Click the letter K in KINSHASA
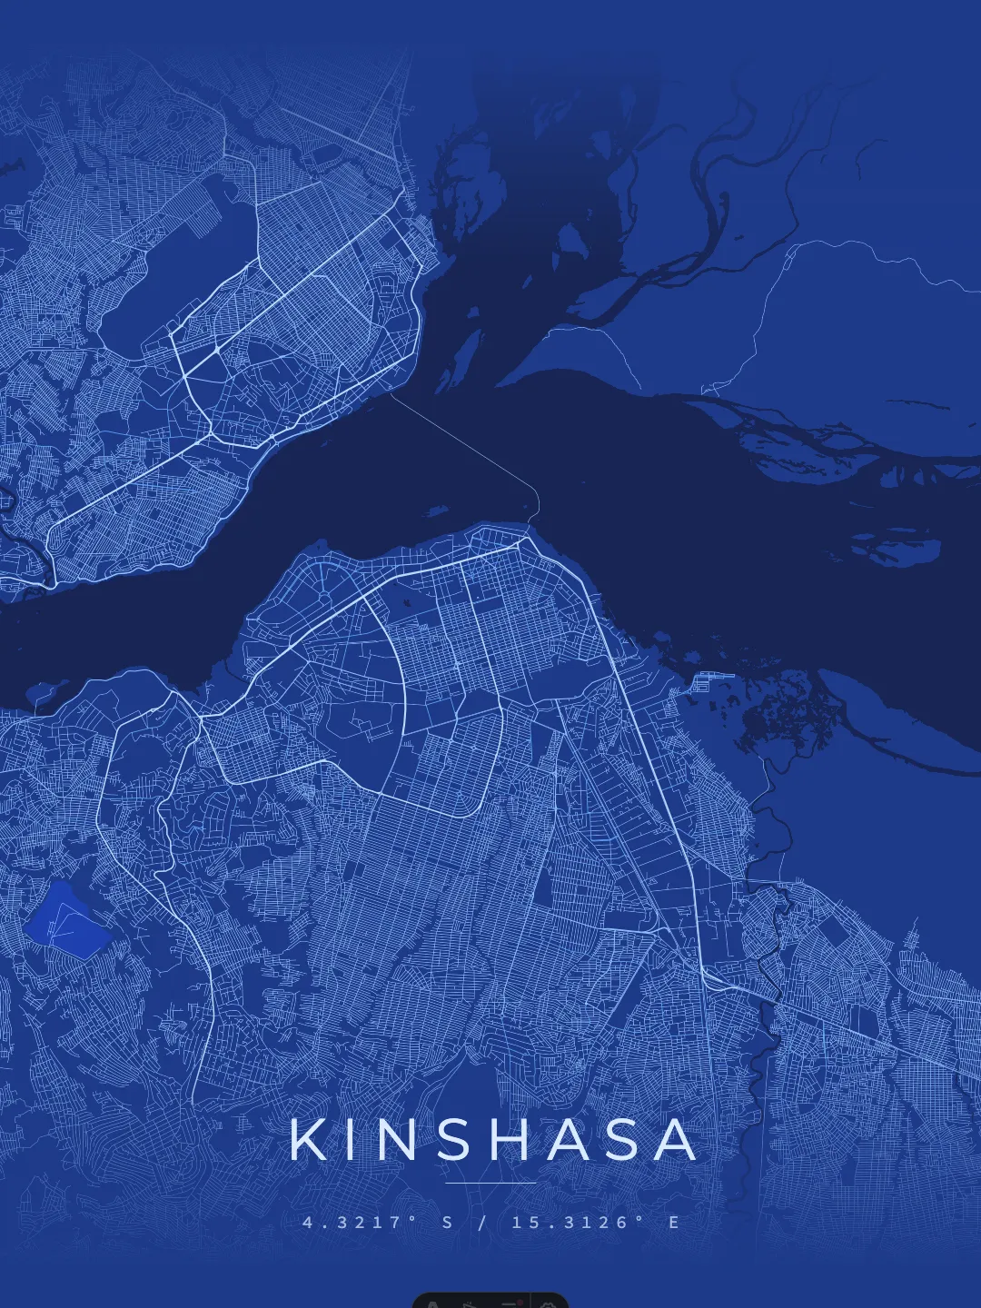click(x=310, y=1140)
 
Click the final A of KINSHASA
click(x=679, y=1140)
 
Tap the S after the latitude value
click(x=447, y=1223)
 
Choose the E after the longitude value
click(x=674, y=1223)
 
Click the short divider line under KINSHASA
click(x=490, y=1184)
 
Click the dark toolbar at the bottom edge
click(x=490, y=1300)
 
